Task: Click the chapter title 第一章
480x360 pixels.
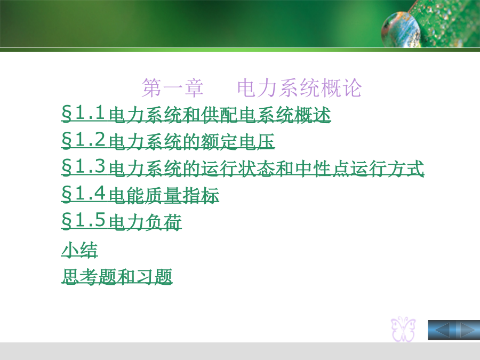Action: [x=172, y=88]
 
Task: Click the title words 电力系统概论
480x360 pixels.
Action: [x=299, y=88]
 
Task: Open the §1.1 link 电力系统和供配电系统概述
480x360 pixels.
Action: [x=196, y=114]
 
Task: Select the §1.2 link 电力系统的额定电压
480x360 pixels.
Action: [x=168, y=141]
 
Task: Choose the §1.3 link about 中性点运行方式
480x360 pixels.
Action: [x=243, y=168]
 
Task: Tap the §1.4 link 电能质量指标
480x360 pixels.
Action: [x=140, y=194]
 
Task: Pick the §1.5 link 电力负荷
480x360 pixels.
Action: [x=122, y=221]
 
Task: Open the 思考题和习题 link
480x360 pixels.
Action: [x=117, y=276]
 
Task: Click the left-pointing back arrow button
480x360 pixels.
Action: [x=442, y=330]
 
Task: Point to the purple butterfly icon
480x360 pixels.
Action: [x=404, y=329]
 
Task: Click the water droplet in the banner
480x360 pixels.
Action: [x=401, y=30]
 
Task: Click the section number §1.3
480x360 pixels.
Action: [x=83, y=167]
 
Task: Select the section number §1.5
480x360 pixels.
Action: [x=83, y=220]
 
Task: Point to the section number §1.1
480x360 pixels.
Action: [x=83, y=113]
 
